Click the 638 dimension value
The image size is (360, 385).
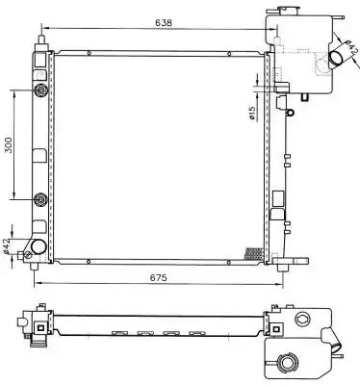click(164, 23)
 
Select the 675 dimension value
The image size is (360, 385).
click(159, 277)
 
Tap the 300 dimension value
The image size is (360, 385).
click(10, 145)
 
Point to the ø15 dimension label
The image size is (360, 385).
click(252, 114)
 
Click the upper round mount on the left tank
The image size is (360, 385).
click(41, 90)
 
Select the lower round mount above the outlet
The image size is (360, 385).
click(41, 200)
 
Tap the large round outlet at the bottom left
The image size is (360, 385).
click(39, 246)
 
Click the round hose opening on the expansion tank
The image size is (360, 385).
click(336, 59)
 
